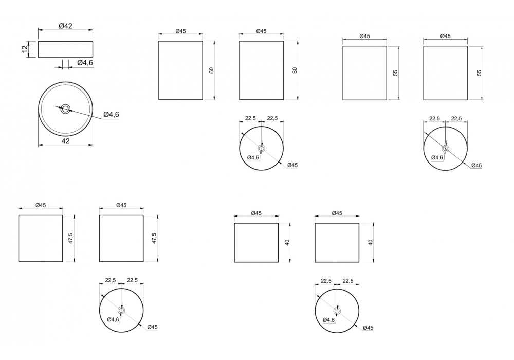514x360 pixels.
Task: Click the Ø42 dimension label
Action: [66, 26]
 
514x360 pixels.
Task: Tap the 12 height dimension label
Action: [25, 49]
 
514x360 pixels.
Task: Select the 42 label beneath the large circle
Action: [66, 141]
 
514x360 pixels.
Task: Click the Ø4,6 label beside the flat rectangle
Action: [85, 63]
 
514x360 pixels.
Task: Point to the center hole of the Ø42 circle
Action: [65, 109]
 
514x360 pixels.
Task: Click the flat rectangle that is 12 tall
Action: [66, 49]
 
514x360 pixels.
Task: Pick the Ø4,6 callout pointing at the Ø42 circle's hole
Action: [111, 114]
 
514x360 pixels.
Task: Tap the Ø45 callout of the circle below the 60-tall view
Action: [292, 165]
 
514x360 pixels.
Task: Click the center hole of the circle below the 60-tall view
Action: [261, 149]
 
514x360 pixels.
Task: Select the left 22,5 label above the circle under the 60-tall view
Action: [250, 118]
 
